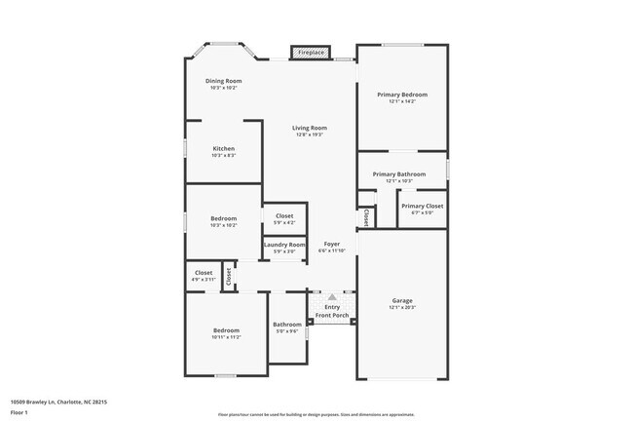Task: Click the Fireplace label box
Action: point(311,51)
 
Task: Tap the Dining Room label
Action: point(223,81)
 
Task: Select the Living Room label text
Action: point(310,128)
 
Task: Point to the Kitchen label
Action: point(224,148)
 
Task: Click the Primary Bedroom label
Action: point(402,95)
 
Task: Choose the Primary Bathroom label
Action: point(399,174)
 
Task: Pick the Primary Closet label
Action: point(422,206)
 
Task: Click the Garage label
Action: point(402,300)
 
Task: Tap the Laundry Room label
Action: point(284,245)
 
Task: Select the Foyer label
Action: point(331,244)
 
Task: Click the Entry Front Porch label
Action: point(331,311)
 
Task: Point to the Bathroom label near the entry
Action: point(286,325)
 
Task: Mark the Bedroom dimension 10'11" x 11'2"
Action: point(226,337)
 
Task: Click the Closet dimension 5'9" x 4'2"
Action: point(284,221)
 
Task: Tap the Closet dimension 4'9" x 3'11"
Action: point(204,279)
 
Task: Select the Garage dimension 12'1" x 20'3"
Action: point(402,307)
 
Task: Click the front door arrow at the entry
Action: point(331,296)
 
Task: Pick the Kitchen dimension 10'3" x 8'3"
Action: point(224,155)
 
